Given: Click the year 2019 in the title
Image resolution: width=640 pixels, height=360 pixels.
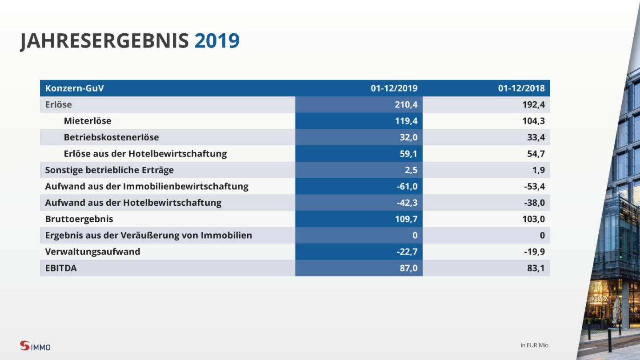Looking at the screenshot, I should coord(217,41).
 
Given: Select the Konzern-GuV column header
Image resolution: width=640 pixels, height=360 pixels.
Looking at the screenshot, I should coord(75,88).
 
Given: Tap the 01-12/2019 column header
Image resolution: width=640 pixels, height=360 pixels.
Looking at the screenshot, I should coord(394,88).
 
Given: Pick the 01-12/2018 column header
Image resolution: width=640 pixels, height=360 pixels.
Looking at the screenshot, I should coord(521,88).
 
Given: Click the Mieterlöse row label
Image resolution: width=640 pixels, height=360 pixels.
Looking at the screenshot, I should coord(88,121).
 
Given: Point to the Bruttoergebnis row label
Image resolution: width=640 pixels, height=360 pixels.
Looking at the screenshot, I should coord(79,219).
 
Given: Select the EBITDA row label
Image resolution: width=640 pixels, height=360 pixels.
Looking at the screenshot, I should coord(61,268).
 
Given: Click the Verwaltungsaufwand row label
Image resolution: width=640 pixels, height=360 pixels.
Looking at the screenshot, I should coord(92,252).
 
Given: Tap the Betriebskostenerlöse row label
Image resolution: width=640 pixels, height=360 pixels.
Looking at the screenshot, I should coord(111,137).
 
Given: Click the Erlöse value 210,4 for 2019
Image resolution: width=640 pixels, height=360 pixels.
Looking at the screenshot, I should coord(406,105).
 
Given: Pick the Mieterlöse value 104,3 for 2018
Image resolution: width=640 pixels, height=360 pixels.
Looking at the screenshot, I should coord(533,121).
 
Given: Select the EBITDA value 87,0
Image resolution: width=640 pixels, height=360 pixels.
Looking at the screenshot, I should coord(408,268).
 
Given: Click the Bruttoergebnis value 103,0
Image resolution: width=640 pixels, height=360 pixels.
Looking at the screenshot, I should coord(533,219).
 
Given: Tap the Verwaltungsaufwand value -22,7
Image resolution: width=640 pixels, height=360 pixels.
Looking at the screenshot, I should coord(407,252).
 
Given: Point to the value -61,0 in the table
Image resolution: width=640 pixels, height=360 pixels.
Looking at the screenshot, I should coord(407,186).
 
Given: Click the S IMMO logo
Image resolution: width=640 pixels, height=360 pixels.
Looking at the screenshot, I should coord(35,346).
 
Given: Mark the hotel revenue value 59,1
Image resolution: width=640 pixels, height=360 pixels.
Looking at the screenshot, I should coord(408,154).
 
